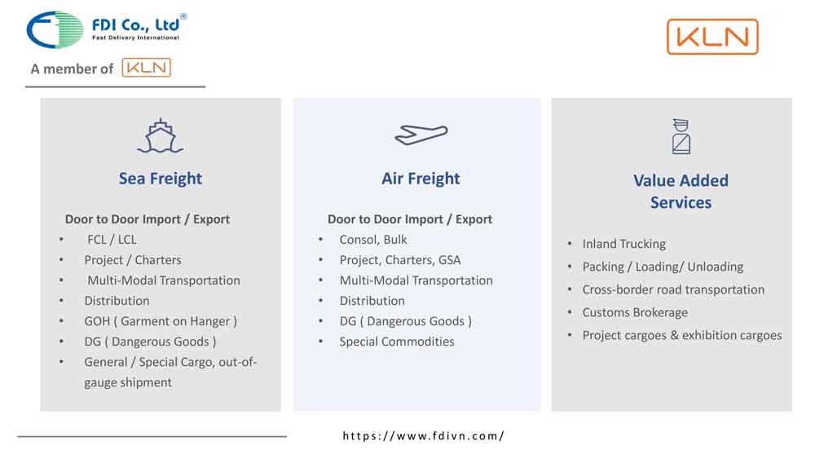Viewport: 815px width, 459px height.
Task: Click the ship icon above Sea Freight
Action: [160, 136]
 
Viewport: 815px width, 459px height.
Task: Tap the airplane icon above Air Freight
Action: [421, 135]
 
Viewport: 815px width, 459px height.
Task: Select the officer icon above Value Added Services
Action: [681, 137]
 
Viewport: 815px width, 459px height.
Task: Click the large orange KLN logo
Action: [712, 37]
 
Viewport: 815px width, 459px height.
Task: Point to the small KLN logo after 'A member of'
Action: [147, 68]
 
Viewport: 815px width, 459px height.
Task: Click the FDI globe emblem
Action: [55, 30]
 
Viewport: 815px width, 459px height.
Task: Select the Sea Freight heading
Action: [160, 179]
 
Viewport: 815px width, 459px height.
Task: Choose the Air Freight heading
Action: [421, 179]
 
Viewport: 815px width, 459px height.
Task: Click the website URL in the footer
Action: [423, 435]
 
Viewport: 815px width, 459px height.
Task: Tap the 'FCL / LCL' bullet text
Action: [112, 240]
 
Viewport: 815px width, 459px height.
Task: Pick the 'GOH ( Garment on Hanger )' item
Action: [161, 321]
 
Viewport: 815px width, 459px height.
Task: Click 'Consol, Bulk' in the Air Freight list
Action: [373, 240]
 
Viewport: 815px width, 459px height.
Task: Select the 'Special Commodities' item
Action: [397, 342]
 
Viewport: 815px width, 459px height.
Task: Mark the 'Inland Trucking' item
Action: [623, 244]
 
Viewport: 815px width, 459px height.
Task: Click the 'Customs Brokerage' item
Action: [635, 312]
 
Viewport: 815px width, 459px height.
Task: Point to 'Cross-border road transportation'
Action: [673, 289]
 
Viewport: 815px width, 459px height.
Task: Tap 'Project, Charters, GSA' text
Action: [399, 260]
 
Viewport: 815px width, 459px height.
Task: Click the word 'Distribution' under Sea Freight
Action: [117, 301]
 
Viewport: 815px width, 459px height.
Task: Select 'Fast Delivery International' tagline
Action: [135, 38]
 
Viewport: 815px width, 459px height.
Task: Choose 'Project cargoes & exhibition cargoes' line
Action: [682, 335]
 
